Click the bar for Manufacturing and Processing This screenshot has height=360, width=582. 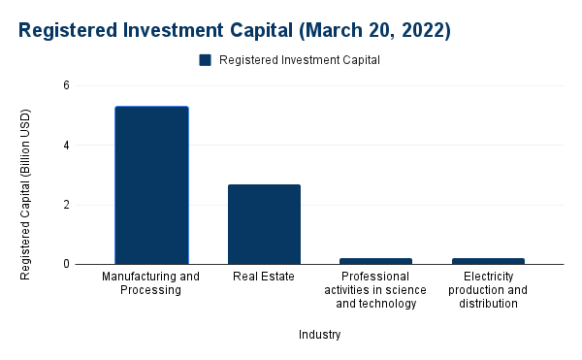(151, 184)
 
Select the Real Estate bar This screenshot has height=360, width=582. (264, 224)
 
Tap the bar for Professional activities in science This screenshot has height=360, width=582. (376, 260)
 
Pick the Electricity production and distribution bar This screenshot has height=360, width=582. (489, 260)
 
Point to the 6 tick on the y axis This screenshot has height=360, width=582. (66, 85)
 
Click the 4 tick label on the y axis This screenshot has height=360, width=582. (66, 146)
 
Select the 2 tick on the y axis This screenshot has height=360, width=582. (66, 205)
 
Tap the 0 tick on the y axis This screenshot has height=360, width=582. (66, 264)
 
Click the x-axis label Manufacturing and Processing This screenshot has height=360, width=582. (151, 283)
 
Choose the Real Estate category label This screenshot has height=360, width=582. (264, 277)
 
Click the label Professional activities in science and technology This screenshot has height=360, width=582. (376, 290)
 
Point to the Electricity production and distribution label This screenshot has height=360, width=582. (489, 290)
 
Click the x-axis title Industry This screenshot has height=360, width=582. (320, 335)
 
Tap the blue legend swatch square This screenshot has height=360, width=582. (206, 59)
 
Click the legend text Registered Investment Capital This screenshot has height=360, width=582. (299, 59)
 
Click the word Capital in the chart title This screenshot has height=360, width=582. (243, 30)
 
